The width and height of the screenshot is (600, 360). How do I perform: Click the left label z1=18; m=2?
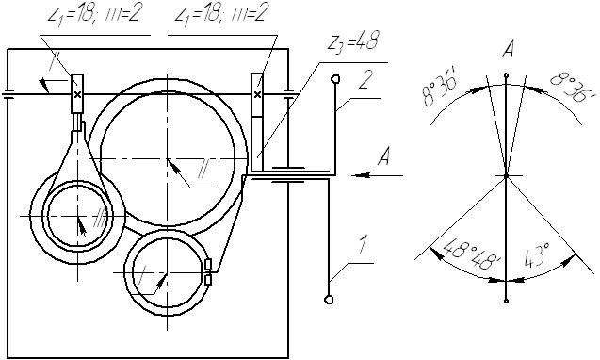click(93, 15)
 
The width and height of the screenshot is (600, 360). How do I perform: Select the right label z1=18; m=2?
click(220, 14)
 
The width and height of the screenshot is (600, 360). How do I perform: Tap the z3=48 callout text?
click(353, 41)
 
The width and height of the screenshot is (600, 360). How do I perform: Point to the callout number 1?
click(364, 245)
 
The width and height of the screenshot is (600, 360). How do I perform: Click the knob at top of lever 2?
click(335, 79)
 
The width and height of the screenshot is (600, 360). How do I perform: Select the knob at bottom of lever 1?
click(329, 300)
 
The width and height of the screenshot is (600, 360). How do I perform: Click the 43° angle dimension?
click(537, 254)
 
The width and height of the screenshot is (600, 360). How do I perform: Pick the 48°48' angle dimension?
click(471, 254)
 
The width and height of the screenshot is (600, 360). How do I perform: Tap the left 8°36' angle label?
click(440, 91)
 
